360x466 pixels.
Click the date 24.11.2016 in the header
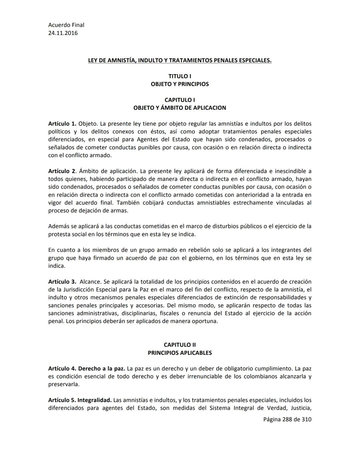pyautogui.click(x=63, y=33)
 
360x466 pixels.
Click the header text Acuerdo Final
pyautogui.click(x=66, y=25)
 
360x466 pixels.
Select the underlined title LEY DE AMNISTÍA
pyautogui.click(x=179, y=60)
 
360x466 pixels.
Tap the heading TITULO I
pyautogui.click(x=180, y=76)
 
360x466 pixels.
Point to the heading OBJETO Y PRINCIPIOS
pyautogui.click(x=180, y=84)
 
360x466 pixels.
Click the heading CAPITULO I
pyautogui.click(x=180, y=100)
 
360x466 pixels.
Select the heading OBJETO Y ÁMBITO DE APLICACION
pyautogui.click(x=180, y=108)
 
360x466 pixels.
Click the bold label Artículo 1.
pyautogui.click(x=62, y=124)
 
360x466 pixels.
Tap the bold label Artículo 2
pyautogui.click(x=62, y=171)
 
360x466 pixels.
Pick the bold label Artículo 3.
pyautogui.click(x=62, y=282)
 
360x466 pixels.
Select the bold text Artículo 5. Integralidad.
pyautogui.click(x=80, y=400)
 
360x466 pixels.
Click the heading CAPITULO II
pyautogui.click(x=180, y=345)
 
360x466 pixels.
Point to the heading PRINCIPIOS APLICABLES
pyautogui.click(x=180, y=353)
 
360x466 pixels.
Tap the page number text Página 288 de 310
pyautogui.click(x=287, y=420)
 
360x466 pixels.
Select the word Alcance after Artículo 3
pyautogui.click(x=90, y=282)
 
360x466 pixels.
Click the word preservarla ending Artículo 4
pyautogui.click(x=64, y=384)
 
